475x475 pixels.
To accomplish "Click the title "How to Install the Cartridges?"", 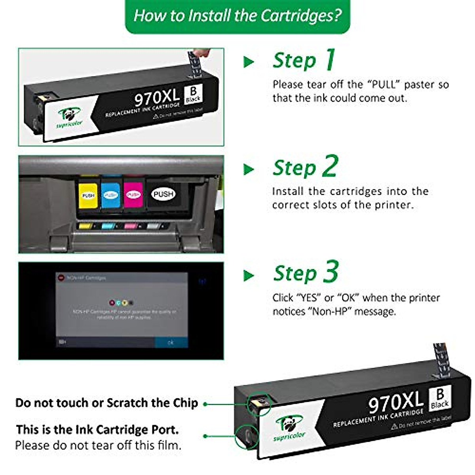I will (x=237, y=16).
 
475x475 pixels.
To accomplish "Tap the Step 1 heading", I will (x=304, y=61).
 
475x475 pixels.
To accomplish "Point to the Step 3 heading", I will (x=306, y=273).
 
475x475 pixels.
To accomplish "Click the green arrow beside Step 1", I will (x=249, y=62).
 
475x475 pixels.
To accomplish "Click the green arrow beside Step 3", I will (x=249, y=275).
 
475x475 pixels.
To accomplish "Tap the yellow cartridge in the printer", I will (x=88, y=195).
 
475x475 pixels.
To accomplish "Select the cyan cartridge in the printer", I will (x=111, y=195).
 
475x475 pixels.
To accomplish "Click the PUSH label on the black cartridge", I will (x=163, y=194).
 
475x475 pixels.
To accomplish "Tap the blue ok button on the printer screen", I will (x=171, y=342).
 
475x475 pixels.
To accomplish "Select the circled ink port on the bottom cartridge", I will (x=246, y=437).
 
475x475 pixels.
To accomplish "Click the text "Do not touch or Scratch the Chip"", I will (x=106, y=403).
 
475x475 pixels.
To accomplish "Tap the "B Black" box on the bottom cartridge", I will (x=440, y=398).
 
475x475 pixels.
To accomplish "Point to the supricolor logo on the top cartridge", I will (x=69, y=118).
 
